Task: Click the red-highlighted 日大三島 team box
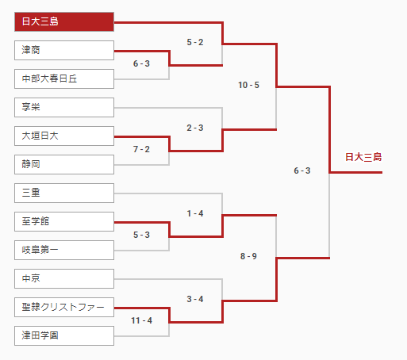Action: [x=64, y=21]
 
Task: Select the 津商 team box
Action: [x=64, y=50]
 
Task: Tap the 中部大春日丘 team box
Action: [x=64, y=79]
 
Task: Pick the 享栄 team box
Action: [x=64, y=107]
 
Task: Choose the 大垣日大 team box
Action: [x=64, y=136]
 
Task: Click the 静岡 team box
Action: [x=64, y=164]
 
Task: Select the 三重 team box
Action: [x=64, y=193]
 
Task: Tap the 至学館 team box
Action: [x=64, y=221]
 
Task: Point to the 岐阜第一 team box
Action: [x=64, y=250]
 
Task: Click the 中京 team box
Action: [x=64, y=278]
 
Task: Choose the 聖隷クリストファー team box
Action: [x=64, y=307]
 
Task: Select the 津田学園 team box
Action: [x=64, y=335]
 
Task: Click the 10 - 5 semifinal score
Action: [x=248, y=85]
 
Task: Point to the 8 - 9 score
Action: [x=248, y=256]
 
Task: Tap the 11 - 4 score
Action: [x=142, y=320]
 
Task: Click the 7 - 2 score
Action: [x=141, y=149]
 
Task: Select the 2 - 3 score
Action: [x=195, y=128]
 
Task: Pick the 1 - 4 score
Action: [x=195, y=213]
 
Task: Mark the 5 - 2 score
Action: [x=195, y=42]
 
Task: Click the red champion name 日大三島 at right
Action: [x=363, y=157]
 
